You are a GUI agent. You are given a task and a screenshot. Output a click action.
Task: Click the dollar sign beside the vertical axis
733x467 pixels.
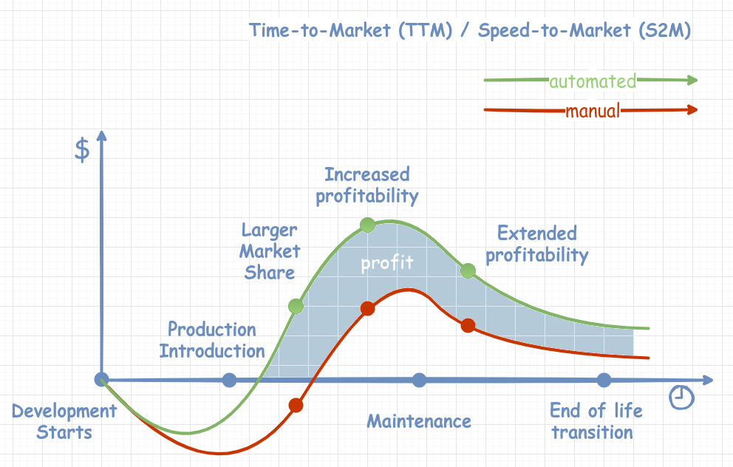coord(83,149)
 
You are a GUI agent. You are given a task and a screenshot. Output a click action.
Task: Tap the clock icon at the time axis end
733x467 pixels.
coord(681,397)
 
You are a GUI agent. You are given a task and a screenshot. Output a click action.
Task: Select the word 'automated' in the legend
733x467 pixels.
coord(593,81)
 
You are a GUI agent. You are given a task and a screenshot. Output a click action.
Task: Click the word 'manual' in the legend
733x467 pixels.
coord(593,112)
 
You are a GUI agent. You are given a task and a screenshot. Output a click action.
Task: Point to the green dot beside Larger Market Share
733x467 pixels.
coord(296,306)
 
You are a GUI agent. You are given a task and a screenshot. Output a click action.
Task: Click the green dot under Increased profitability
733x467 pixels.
coord(367,225)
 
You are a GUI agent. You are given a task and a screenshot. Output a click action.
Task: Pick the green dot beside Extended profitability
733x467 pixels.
coord(468,271)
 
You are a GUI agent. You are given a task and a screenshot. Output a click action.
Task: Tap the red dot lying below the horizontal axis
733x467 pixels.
coord(296,405)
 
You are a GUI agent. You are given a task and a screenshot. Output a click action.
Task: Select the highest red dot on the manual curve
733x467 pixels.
coord(367,309)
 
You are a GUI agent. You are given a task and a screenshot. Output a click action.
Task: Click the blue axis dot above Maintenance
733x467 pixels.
coord(419,381)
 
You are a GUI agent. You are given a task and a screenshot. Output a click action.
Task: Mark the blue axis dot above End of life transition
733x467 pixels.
coord(604,381)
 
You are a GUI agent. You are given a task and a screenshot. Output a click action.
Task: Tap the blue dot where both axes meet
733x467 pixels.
coord(102,380)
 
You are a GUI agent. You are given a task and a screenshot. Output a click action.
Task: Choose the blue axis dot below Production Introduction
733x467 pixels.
coord(229,381)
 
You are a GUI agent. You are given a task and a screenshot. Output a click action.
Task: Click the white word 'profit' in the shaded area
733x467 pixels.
coord(387,263)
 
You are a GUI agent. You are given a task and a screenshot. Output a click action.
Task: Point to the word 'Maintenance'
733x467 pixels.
coord(419,421)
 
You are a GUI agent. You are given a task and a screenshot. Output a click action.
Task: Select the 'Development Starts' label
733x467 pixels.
coord(64,422)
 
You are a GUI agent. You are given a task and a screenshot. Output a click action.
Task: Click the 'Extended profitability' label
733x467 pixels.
coord(537,245)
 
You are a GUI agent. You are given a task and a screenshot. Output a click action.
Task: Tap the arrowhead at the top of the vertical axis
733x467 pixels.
coord(102,135)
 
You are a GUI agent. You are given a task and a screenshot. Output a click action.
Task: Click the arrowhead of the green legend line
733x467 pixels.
coord(692,80)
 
